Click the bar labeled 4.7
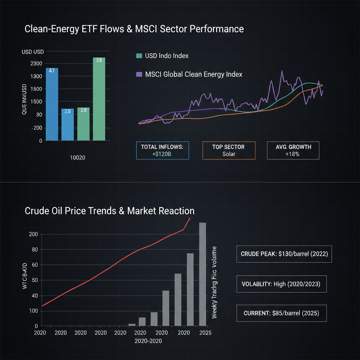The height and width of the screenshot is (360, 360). tap(52, 104)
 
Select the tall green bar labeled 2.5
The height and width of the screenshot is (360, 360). tap(99, 99)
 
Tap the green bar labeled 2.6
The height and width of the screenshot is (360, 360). tap(83, 124)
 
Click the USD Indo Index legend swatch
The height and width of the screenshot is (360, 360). tap(139, 56)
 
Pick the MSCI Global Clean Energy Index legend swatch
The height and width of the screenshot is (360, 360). tap(139, 75)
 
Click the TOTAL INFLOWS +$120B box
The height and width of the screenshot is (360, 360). tap(162, 150)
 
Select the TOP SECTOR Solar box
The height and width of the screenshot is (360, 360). tap(229, 150)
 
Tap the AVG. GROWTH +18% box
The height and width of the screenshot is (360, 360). tap(293, 150)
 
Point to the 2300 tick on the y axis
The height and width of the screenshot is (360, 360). tap(36, 64)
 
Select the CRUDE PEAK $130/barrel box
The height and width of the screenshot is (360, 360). tap(284, 254)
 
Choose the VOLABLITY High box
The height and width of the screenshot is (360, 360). tap(281, 284)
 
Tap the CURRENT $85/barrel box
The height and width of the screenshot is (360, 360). tap(281, 313)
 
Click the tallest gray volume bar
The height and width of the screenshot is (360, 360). tap(203, 274)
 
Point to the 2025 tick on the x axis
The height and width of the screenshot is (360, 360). tap(203, 332)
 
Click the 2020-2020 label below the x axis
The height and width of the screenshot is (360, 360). tap(148, 341)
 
